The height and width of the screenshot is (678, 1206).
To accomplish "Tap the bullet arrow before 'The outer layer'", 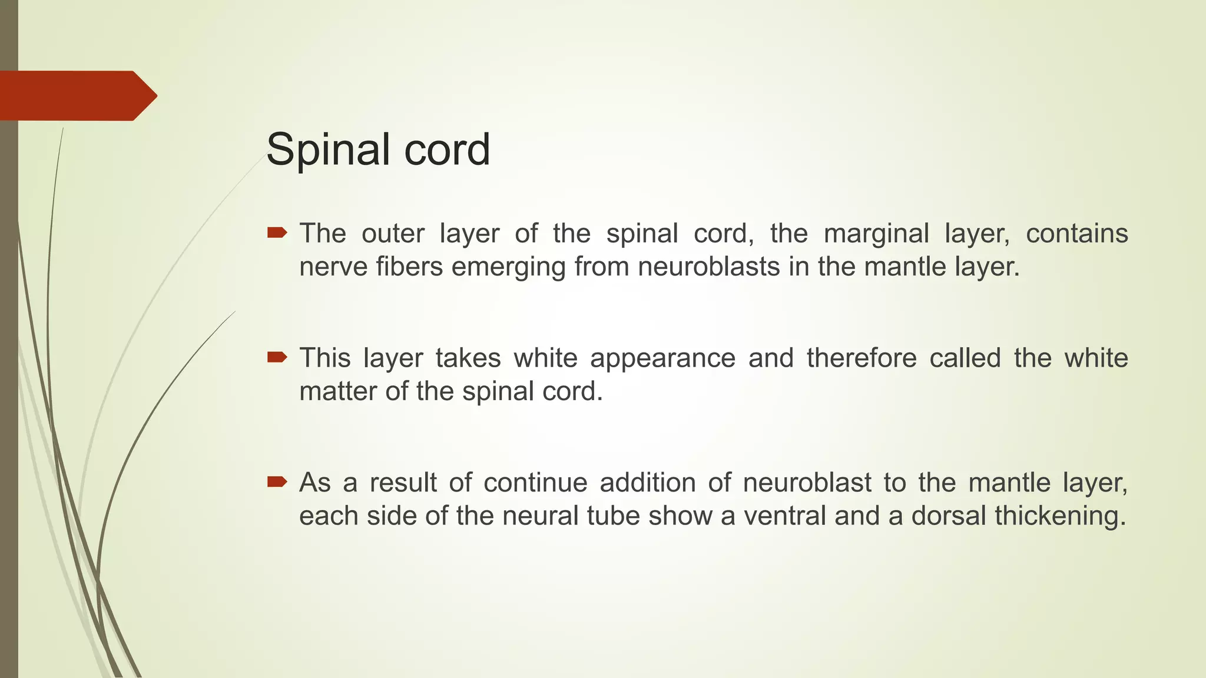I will tap(277, 233).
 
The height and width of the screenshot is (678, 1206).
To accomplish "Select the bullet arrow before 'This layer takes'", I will tap(277, 357).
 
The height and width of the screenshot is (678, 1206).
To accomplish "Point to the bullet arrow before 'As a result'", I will tap(277, 483).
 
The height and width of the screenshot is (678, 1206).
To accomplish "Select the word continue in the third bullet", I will tap(535, 483).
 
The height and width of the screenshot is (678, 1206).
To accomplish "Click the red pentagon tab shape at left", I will tap(77, 95).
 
